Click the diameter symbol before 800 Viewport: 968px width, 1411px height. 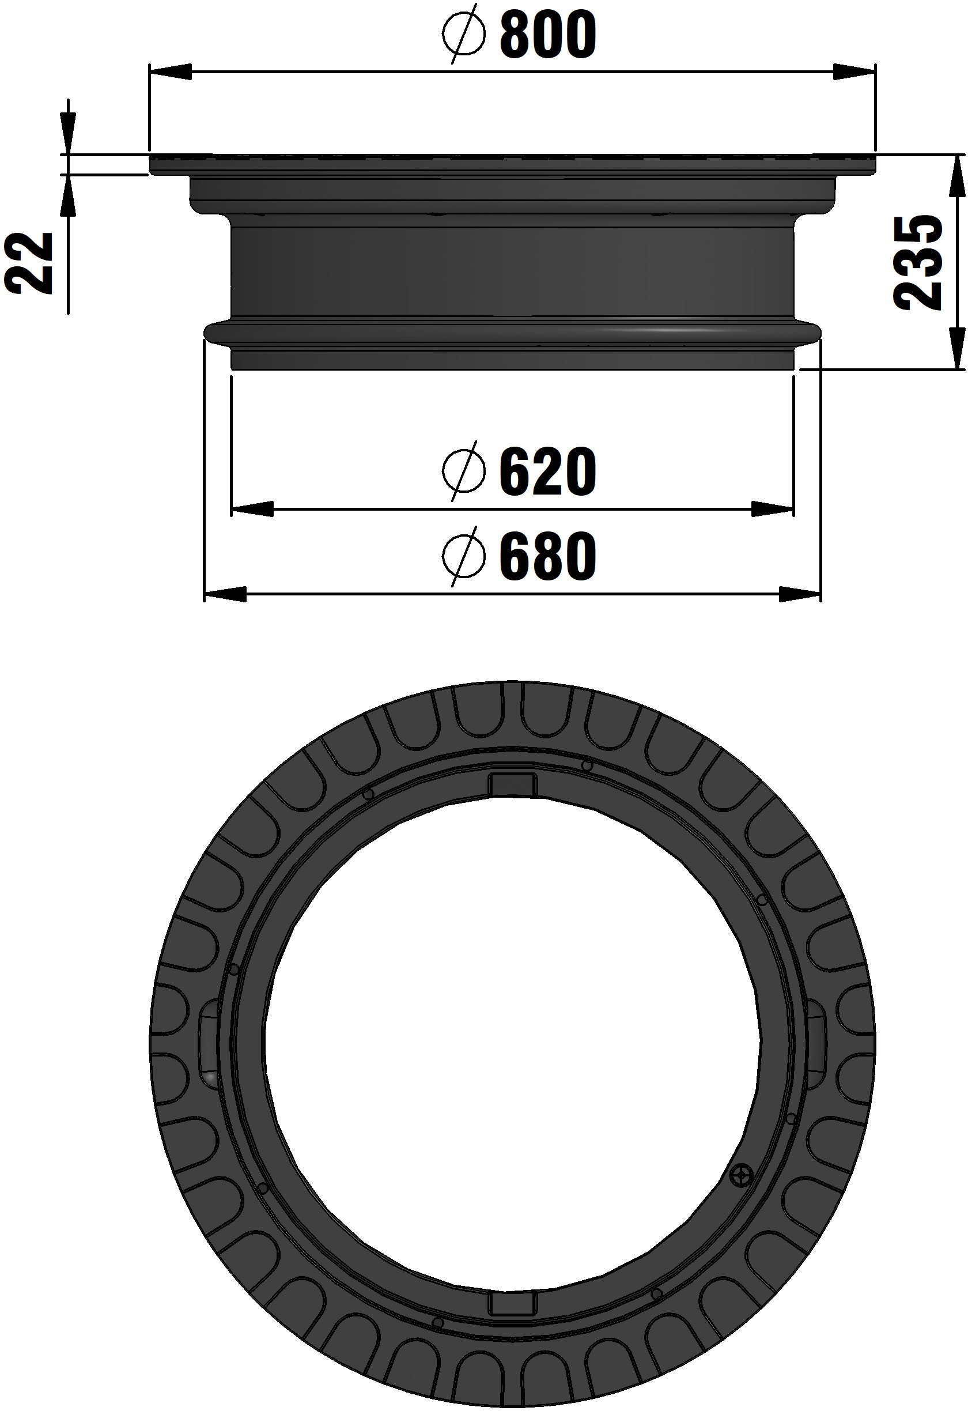464,36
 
